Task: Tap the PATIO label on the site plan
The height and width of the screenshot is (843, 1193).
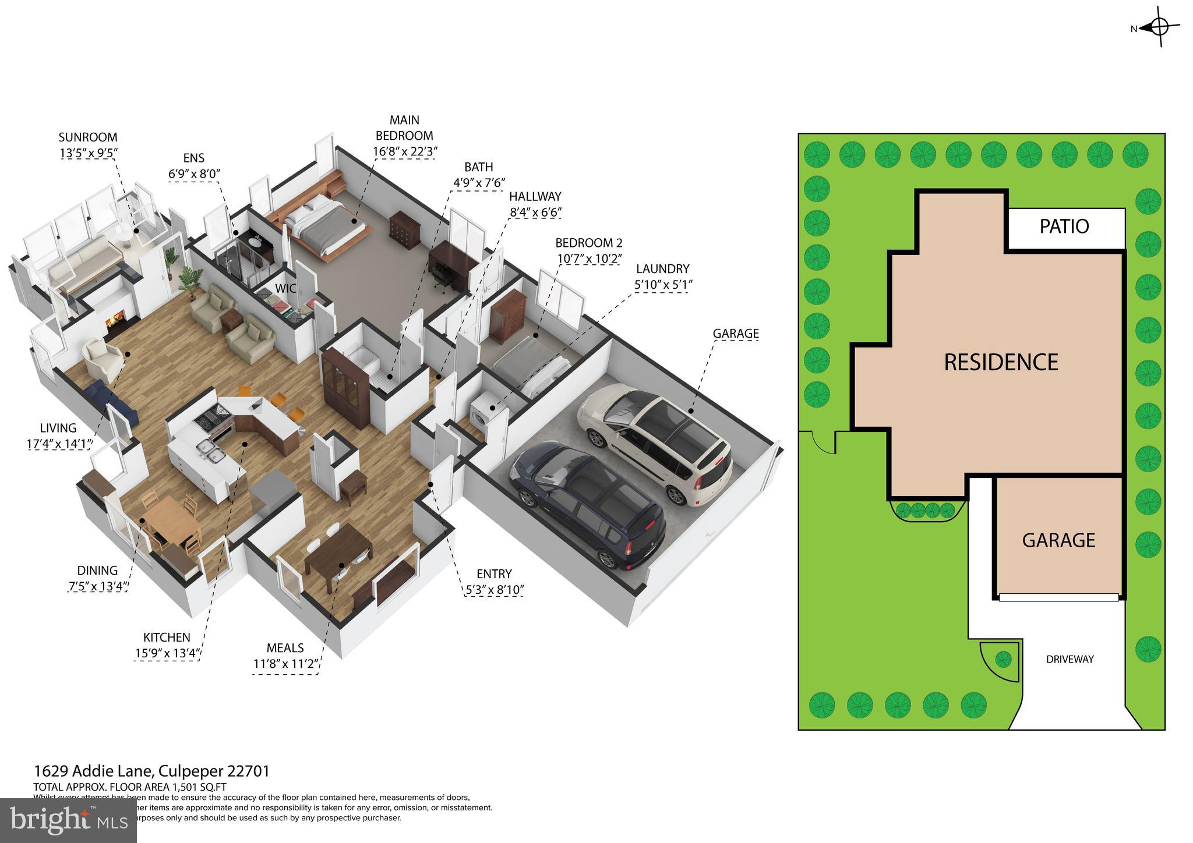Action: point(1064,226)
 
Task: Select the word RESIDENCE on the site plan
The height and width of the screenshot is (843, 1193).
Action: point(1001,362)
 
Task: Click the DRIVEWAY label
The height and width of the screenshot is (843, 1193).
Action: point(1070,659)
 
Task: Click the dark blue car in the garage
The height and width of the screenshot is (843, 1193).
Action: point(588,504)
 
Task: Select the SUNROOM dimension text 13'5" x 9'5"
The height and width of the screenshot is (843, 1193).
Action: point(88,153)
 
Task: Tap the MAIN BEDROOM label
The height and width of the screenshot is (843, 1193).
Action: point(404,127)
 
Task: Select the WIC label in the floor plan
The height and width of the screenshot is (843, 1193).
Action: point(285,288)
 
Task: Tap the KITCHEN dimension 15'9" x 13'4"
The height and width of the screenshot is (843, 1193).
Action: point(167,653)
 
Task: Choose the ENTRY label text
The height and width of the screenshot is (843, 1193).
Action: point(493,573)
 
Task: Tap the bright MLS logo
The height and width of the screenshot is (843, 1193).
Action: point(69,820)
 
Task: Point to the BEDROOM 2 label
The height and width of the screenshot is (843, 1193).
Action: point(588,243)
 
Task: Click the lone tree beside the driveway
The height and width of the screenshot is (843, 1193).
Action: point(1003,659)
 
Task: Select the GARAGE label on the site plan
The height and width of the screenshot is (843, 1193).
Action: point(1058,540)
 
